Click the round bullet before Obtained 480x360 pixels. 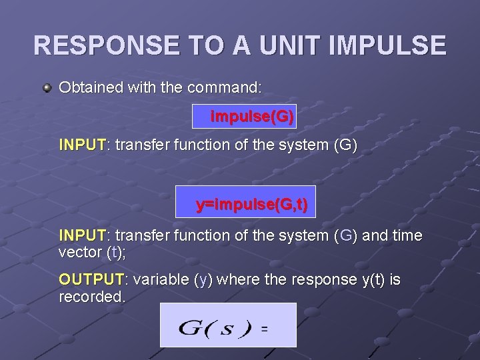(x=47, y=88)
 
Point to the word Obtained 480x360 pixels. (x=89, y=87)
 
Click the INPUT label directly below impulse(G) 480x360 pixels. (x=82, y=144)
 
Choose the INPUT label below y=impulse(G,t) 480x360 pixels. (x=82, y=235)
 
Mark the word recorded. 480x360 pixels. (x=91, y=297)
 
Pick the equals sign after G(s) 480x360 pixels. (x=265, y=329)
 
